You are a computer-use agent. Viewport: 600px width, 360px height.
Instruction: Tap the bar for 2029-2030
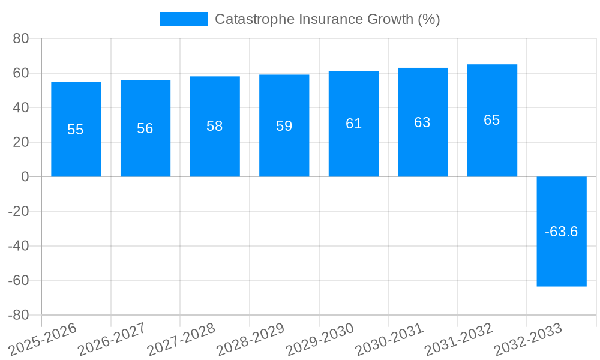point(353,150)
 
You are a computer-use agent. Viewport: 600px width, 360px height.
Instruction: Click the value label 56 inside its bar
point(145,128)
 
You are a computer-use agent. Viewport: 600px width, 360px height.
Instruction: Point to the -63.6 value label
point(562,232)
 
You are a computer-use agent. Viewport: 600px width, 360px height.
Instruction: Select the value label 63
point(422,122)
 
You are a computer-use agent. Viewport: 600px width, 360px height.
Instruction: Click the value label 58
point(215,126)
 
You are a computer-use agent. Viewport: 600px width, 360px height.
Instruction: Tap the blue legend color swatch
point(183,19)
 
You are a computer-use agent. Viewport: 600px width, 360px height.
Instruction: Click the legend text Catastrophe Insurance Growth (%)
point(328,19)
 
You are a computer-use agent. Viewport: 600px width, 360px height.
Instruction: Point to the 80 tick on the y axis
point(21,38)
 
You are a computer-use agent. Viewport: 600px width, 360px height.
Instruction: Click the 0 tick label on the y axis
point(25,176)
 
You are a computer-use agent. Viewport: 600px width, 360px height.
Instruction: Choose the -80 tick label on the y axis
point(19,315)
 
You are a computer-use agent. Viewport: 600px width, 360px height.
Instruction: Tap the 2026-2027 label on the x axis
point(112,340)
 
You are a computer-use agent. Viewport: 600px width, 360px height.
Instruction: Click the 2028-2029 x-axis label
point(251,340)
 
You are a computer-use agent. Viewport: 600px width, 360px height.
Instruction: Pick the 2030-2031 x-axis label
point(389,340)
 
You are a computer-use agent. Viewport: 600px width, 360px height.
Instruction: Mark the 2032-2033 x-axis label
point(528,340)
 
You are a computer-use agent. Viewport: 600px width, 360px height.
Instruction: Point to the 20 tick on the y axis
point(21,142)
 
